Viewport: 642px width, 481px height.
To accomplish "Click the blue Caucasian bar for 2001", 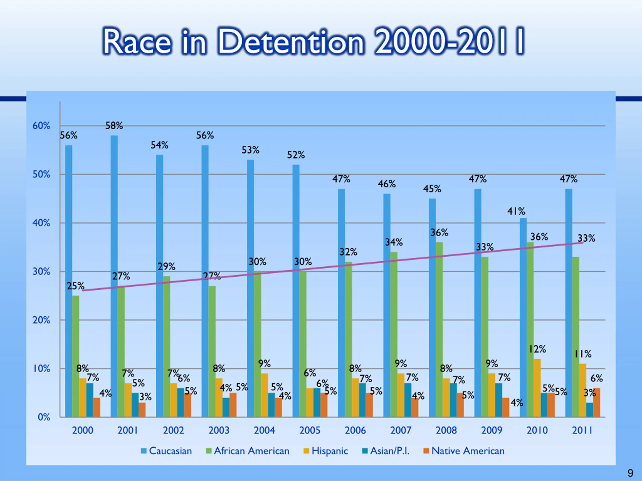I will [x=114, y=275].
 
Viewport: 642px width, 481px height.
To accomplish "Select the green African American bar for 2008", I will [x=439, y=329].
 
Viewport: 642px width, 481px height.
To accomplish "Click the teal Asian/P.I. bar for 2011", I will [x=590, y=410].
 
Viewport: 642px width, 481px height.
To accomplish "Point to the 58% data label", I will [x=114, y=126].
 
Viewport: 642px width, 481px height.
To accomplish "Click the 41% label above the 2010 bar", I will [x=516, y=211].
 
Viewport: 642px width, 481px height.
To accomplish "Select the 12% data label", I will [x=537, y=349].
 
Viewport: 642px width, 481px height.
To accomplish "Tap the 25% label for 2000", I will [x=75, y=286].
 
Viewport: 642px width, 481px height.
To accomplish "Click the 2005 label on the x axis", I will [x=310, y=430].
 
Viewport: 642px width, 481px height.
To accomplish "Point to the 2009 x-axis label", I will [x=492, y=430].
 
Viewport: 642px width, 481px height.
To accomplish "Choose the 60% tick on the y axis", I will [x=41, y=126].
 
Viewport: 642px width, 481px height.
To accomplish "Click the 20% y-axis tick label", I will [x=41, y=320].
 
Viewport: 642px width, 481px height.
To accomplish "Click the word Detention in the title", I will [x=290, y=41].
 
